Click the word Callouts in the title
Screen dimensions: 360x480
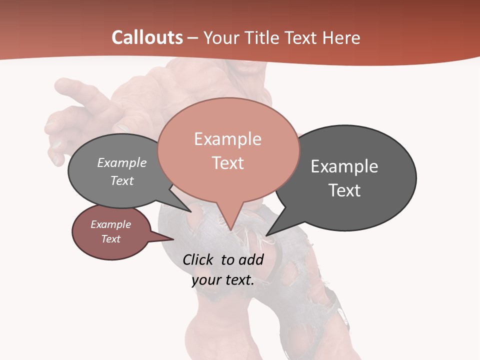pyautogui.click(x=147, y=37)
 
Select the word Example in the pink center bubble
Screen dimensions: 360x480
pyautogui.click(x=227, y=139)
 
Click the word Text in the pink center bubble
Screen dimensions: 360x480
pyautogui.click(x=227, y=163)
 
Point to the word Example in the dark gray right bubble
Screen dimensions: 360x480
pyautogui.click(x=344, y=166)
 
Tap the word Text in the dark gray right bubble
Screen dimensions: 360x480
pyautogui.click(x=344, y=190)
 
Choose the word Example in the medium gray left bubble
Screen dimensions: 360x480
pyautogui.click(x=121, y=163)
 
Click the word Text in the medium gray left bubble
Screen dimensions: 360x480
pyautogui.click(x=121, y=181)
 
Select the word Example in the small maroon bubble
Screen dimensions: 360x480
pyautogui.click(x=110, y=224)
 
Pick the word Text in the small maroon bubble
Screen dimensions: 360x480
pyautogui.click(x=110, y=239)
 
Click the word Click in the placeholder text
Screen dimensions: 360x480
pyautogui.click(x=199, y=260)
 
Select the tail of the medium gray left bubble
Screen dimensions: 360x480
pyautogui.click(x=182, y=202)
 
